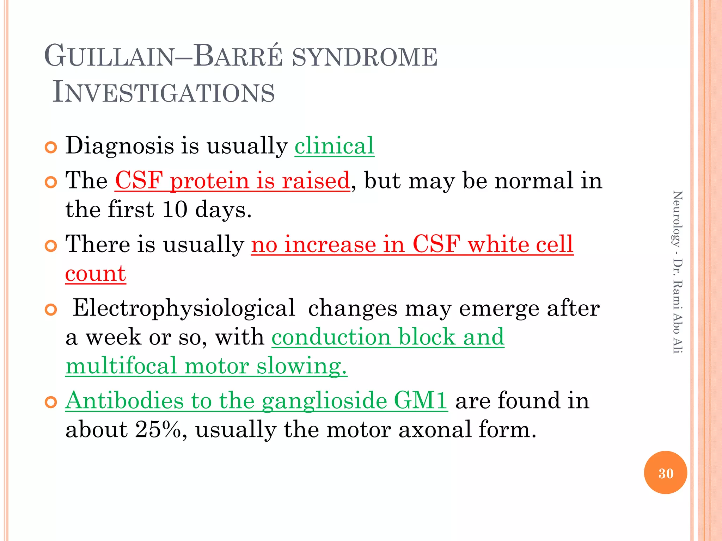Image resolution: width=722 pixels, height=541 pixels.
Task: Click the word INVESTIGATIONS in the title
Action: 163,92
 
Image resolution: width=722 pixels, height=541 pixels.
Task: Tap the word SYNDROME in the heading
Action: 365,57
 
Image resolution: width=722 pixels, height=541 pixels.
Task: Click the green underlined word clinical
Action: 334,145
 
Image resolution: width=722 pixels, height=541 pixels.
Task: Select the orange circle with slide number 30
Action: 665,473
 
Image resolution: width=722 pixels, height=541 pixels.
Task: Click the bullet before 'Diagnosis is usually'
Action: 51,148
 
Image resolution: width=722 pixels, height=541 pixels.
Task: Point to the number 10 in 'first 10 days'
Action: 175,209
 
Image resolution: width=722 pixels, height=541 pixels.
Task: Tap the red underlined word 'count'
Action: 96,274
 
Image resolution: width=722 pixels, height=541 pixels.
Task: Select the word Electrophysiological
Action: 184,308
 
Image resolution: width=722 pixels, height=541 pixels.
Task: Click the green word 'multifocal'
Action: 121,366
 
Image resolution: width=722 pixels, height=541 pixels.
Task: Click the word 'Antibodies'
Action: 125,401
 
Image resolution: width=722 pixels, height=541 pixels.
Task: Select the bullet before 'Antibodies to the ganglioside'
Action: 51,402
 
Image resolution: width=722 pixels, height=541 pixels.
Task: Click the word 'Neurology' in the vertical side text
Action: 677,219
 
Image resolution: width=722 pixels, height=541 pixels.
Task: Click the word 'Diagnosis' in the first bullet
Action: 120,145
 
